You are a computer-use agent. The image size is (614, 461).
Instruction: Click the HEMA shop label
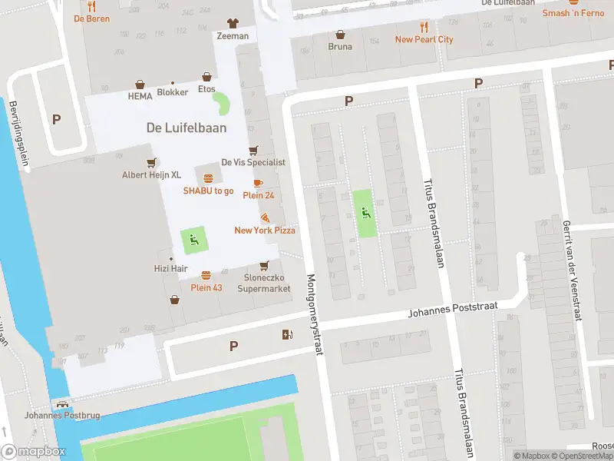pos(140,97)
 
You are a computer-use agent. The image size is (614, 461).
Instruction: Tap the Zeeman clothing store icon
pos(233,23)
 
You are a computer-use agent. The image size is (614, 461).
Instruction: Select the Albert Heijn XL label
pos(152,175)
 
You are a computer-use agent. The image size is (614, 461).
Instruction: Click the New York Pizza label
pos(265,230)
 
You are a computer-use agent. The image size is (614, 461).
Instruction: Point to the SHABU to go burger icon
pos(208,178)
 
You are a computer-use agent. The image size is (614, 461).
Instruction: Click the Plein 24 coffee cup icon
pos(258,183)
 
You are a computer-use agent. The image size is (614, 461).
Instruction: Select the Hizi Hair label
pos(170,269)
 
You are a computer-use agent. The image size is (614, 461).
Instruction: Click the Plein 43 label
pos(206,287)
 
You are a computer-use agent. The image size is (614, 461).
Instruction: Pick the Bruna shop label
pos(340,47)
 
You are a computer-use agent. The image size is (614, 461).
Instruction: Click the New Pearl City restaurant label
pos(424,39)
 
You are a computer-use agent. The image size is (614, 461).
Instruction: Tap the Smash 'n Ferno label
pos(573,13)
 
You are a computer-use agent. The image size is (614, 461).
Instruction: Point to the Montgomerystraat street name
pos(313,315)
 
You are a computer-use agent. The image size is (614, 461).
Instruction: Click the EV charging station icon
pos(287,333)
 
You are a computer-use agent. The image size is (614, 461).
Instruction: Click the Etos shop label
pos(206,89)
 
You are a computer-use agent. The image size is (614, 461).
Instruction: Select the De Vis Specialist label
pos(253,163)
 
